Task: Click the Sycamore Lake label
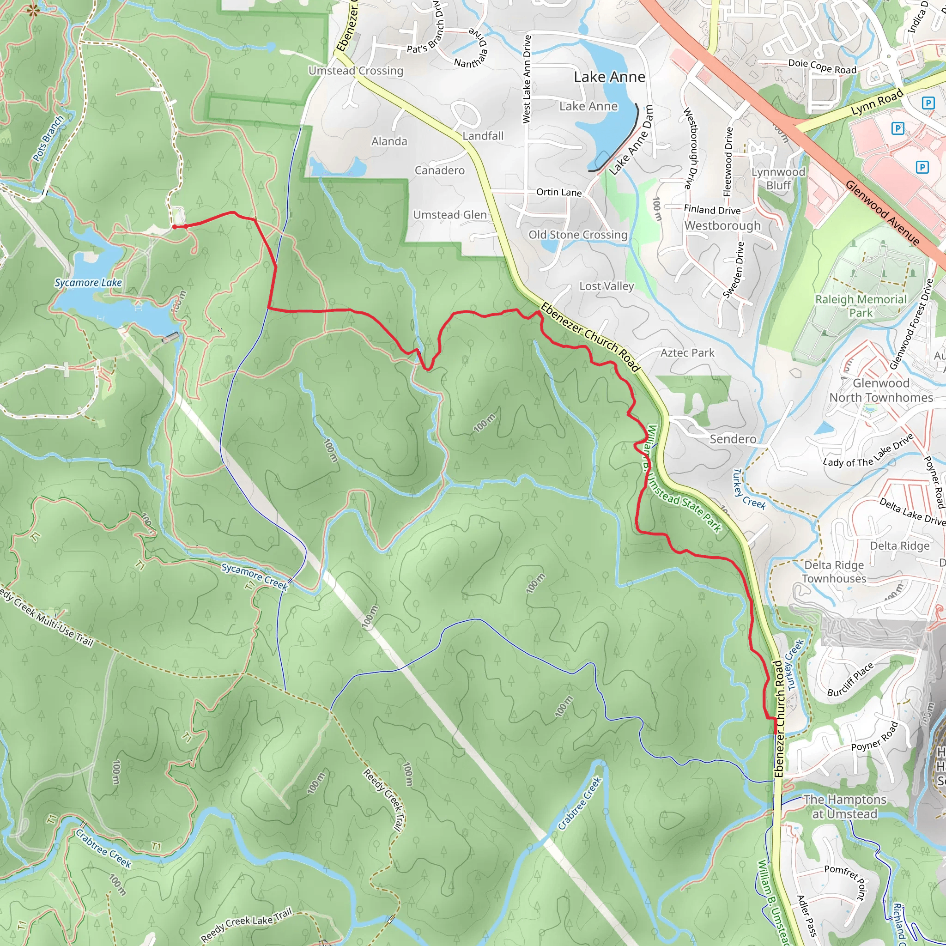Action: (x=88, y=283)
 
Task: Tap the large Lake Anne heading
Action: (x=609, y=77)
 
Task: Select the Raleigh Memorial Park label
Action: (x=861, y=305)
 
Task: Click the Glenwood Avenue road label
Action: (x=882, y=212)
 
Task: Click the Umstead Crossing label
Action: (x=356, y=71)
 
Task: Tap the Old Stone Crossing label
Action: (x=578, y=235)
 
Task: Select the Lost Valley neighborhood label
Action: (x=606, y=286)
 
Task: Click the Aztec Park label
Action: (x=687, y=352)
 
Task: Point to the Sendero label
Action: (x=733, y=439)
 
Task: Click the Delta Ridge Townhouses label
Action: (x=834, y=571)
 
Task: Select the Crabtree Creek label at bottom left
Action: (x=103, y=848)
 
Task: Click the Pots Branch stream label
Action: (x=48, y=139)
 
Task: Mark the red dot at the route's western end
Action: (x=174, y=227)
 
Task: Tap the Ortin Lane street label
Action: (x=559, y=192)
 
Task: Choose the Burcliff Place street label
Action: (x=850, y=679)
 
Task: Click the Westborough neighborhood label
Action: (x=722, y=225)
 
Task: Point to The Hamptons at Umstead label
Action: (x=844, y=807)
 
